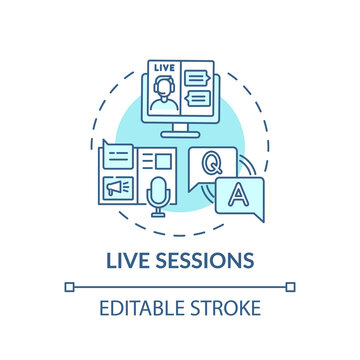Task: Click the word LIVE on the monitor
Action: pyautogui.click(x=164, y=67)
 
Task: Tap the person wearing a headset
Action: pyautogui.click(x=165, y=89)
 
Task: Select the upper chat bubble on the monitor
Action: pyautogui.click(x=199, y=76)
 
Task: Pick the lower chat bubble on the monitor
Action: pyautogui.click(x=199, y=97)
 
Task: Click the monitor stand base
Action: pyautogui.click(x=181, y=134)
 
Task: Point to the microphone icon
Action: pyautogui.click(x=157, y=197)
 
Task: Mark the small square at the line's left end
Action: pyautogui.click(x=68, y=286)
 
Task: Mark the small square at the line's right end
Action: pyautogui.click(x=291, y=286)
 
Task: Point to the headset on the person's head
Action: pyautogui.click(x=165, y=79)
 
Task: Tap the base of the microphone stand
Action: pyautogui.click(x=157, y=217)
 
